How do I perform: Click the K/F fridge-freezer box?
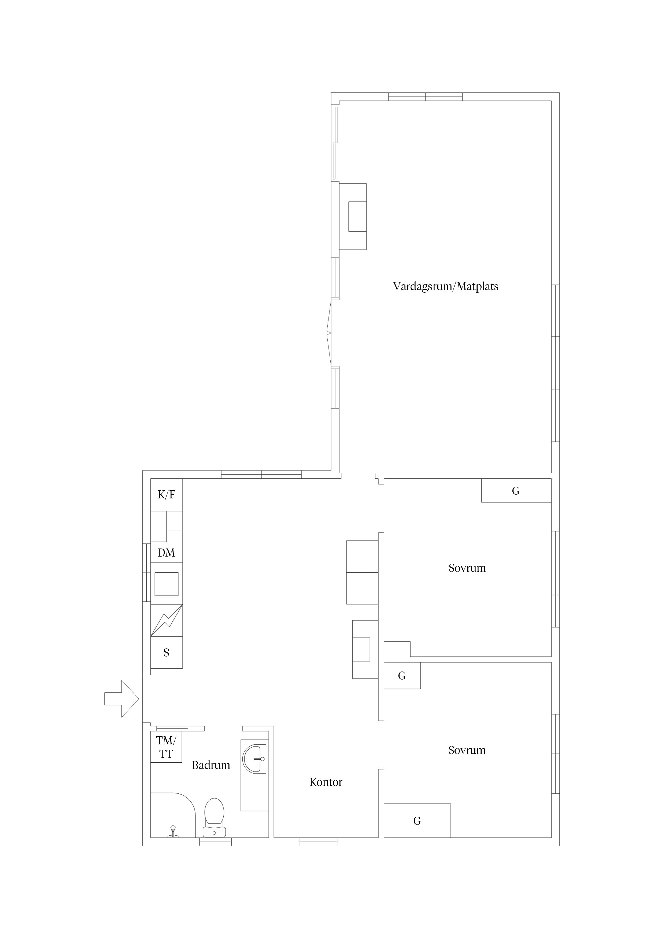pos(166,495)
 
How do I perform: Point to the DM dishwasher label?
pos(166,553)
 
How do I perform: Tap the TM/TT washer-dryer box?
pos(166,747)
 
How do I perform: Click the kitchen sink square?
pos(166,584)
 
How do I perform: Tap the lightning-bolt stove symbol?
pos(166,620)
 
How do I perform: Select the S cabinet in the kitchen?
pos(166,652)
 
